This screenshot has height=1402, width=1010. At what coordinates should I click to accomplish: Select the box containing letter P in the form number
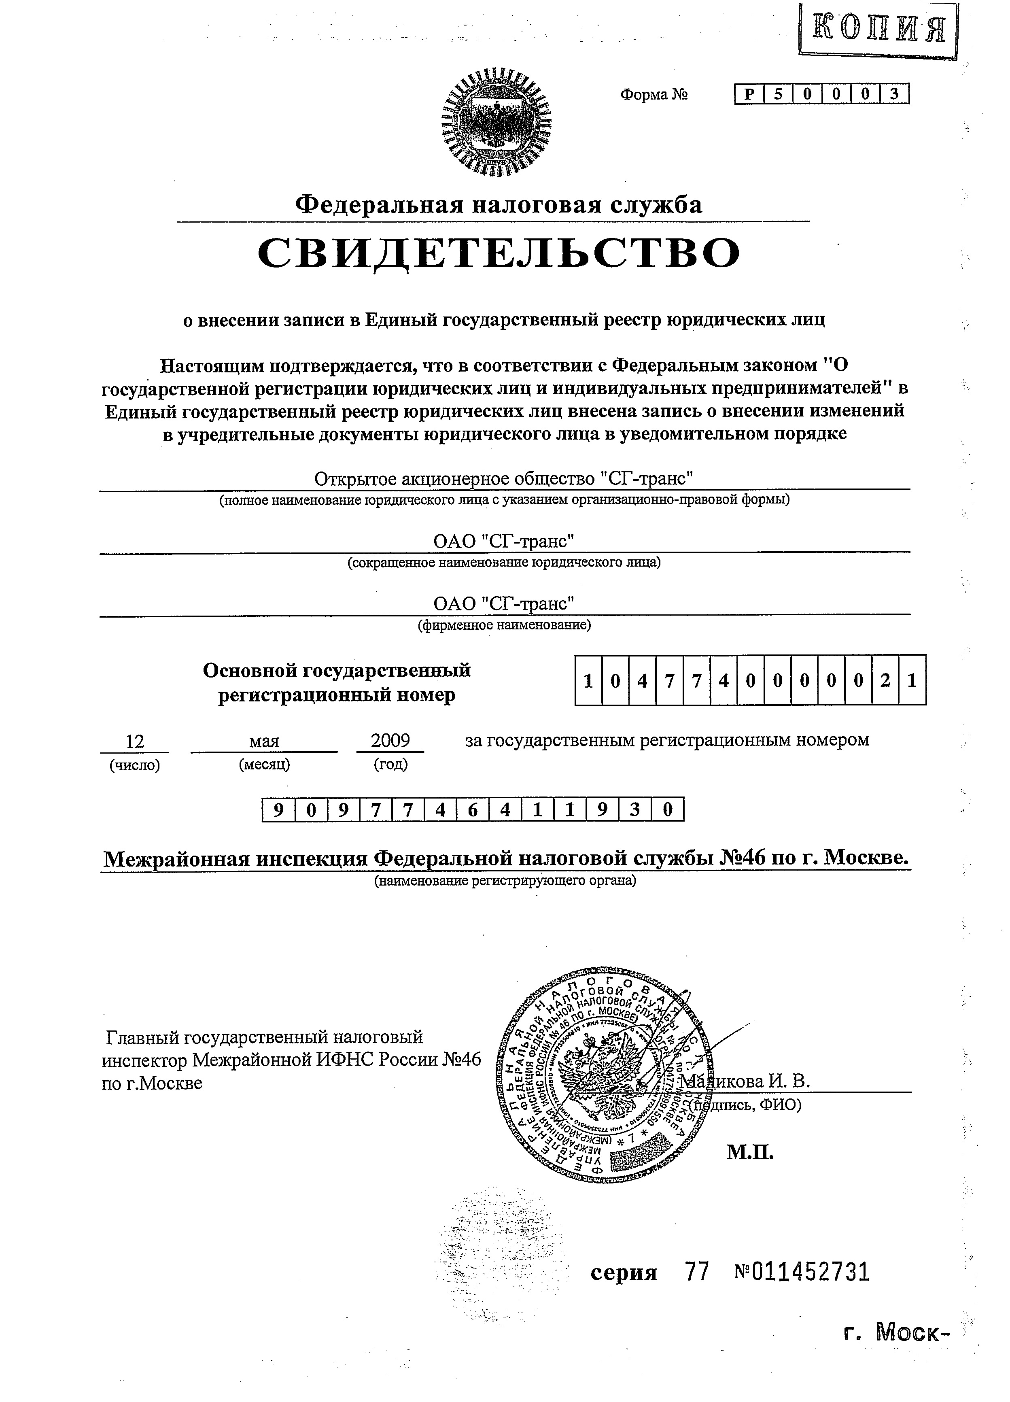(x=749, y=94)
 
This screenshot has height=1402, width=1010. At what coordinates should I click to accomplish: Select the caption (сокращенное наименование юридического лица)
(x=504, y=563)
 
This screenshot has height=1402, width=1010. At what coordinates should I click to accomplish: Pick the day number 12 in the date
(x=135, y=741)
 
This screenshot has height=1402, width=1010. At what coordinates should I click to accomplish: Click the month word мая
(x=264, y=741)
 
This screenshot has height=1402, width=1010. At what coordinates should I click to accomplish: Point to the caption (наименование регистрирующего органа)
(x=504, y=880)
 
